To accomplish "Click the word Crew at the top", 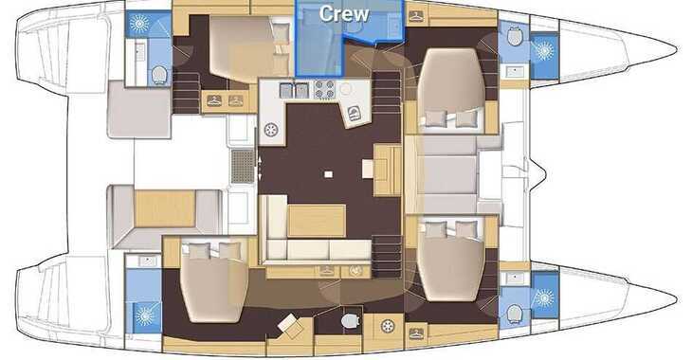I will [343, 13].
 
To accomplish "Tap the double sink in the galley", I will [295, 90].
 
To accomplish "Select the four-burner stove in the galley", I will [325, 90].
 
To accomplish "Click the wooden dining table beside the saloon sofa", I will [316, 220].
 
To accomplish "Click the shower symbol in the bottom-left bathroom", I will [145, 315].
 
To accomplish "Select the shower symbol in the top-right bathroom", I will [544, 50].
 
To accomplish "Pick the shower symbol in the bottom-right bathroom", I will [543, 297].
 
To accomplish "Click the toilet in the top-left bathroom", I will [158, 75].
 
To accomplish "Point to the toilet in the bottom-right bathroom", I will [515, 312].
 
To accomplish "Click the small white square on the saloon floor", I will [327, 174].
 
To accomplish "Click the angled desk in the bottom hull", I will [289, 326].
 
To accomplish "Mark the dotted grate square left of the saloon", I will [243, 167].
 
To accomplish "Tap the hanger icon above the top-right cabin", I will [415, 16].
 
